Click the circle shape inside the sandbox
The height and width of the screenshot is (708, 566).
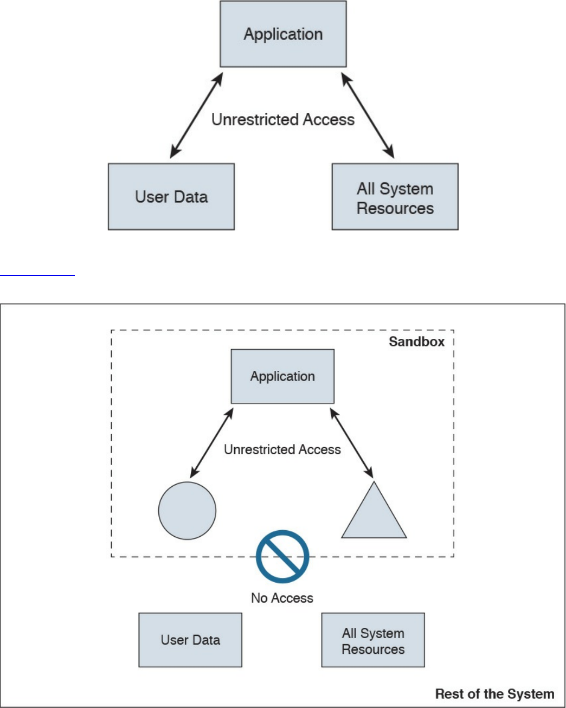187,511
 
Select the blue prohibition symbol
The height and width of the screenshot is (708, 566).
282,557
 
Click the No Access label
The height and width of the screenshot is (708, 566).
282,598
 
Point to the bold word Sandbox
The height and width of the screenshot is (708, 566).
416,342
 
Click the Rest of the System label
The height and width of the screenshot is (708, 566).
494,694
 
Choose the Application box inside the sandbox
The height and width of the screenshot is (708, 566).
282,376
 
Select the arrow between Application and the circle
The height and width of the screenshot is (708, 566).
211,443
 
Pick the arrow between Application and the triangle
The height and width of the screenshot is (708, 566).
352,443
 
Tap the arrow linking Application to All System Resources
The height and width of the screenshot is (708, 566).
368,115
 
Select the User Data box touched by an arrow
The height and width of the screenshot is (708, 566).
171,197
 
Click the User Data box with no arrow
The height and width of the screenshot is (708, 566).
190,640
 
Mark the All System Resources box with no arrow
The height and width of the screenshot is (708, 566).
373,640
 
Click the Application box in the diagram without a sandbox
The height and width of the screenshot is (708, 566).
283,34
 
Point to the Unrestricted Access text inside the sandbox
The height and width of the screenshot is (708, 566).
282,449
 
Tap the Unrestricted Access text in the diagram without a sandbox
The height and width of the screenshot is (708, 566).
282,119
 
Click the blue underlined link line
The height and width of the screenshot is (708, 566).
37,275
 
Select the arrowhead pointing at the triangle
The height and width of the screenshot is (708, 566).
370,473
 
